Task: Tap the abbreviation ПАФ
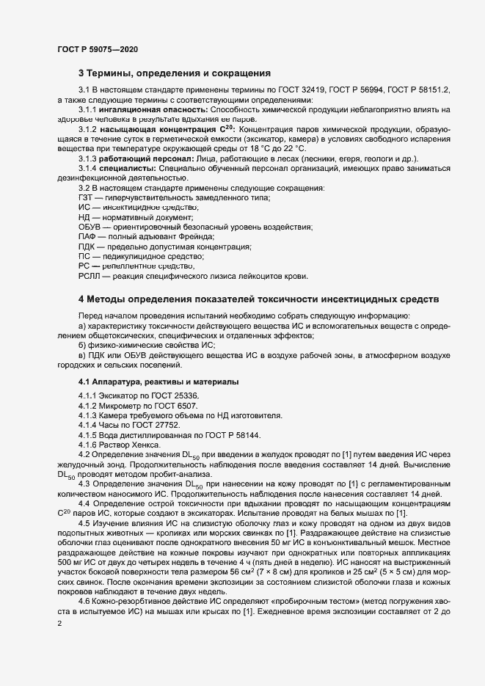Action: pos(87,238)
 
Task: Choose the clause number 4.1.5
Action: pos(88,436)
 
